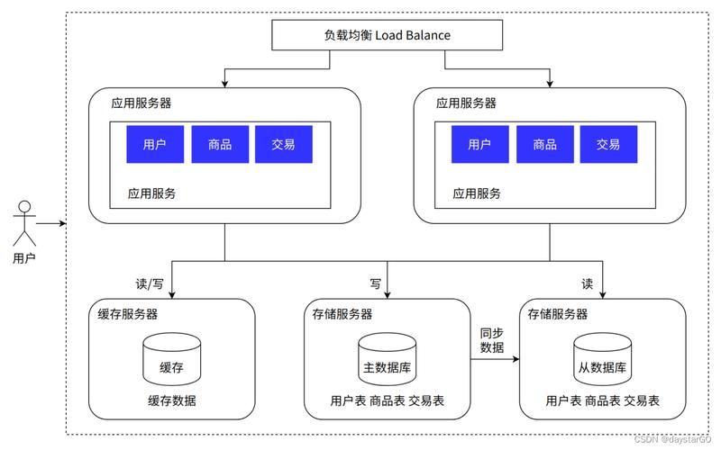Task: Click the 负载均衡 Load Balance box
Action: [387, 35]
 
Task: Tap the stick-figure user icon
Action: [25, 221]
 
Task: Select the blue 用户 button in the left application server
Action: [154, 144]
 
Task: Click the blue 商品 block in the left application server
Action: [220, 144]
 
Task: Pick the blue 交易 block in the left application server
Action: [284, 144]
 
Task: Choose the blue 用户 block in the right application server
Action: [479, 144]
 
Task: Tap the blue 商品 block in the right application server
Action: [544, 144]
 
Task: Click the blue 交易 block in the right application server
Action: [608, 144]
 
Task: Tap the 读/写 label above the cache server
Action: [150, 283]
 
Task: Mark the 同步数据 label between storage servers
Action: [492, 340]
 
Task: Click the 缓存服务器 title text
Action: [128, 314]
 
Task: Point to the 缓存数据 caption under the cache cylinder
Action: [171, 400]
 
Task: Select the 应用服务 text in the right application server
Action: [477, 193]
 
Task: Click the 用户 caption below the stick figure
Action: [25, 259]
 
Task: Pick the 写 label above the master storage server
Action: [375, 283]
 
